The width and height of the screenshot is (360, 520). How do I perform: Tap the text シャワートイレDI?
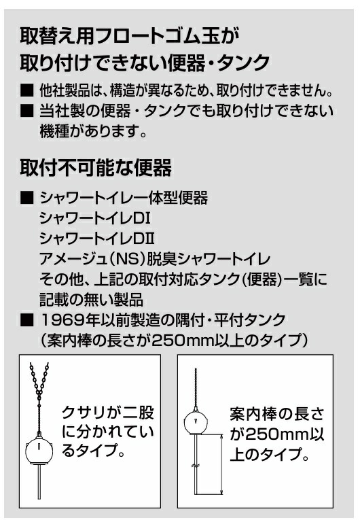point(95,218)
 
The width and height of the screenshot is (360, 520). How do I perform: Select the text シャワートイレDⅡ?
point(97,239)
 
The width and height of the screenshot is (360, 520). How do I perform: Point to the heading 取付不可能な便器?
point(96,167)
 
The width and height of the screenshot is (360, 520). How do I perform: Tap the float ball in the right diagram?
point(196,423)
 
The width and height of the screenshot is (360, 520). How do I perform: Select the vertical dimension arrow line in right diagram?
point(221,464)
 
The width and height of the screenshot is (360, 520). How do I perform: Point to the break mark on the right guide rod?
point(196,466)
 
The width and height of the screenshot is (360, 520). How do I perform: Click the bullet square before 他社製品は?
point(27,90)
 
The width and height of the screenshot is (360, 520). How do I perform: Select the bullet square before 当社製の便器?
point(27,111)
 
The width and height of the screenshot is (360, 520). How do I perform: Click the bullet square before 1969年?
point(27,320)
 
